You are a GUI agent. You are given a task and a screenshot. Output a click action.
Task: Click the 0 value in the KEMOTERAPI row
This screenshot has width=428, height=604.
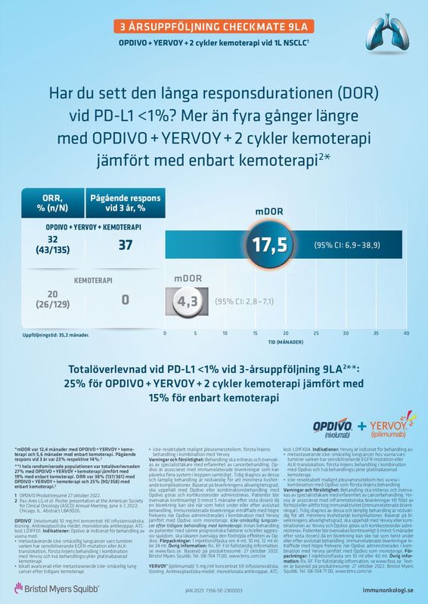(126, 300)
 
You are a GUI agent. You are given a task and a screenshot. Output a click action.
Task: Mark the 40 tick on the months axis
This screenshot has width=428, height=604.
(406, 333)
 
